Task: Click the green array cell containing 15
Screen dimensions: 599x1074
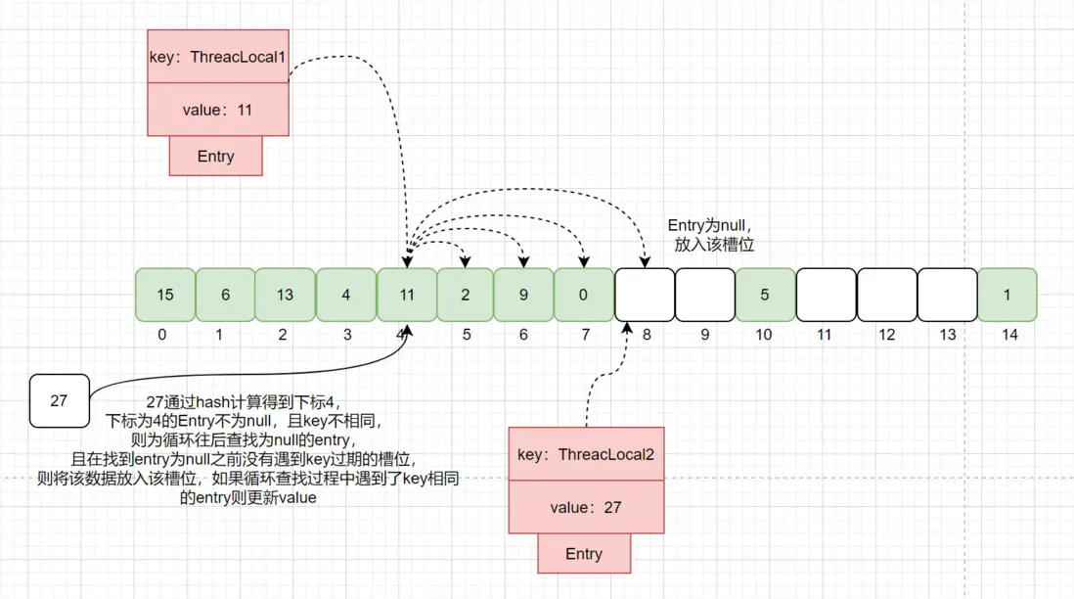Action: click(x=165, y=295)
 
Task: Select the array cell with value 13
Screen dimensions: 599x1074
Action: click(x=285, y=295)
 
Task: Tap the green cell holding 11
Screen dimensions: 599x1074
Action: click(x=406, y=295)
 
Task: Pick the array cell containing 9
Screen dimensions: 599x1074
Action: click(x=523, y=295)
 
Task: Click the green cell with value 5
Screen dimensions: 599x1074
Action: click(x=764, y=295)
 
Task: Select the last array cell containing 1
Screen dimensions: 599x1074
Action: click(x=1007, y=295)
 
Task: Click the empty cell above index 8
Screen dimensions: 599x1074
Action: click(x=644, y=295)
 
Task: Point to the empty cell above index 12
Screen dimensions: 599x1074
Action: click(x=886, y=295)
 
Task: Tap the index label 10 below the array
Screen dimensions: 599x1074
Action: click(x=764, y=335)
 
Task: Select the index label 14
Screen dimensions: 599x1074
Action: click(x=1009, y=335)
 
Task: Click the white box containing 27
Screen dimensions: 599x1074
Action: click(x=59, y=400)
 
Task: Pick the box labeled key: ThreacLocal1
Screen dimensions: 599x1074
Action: click(x=217, y=57)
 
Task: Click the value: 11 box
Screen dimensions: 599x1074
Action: click(x=217, y=110)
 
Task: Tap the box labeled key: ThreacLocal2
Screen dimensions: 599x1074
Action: click(x=585, y=454)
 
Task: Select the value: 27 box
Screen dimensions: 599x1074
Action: click(x=585, y=507)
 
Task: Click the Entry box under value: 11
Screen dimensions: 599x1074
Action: click(x=215, y=157)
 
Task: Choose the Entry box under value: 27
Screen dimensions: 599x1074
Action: click(x=584, y=554)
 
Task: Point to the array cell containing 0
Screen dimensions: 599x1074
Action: click(x=584, y=295)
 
